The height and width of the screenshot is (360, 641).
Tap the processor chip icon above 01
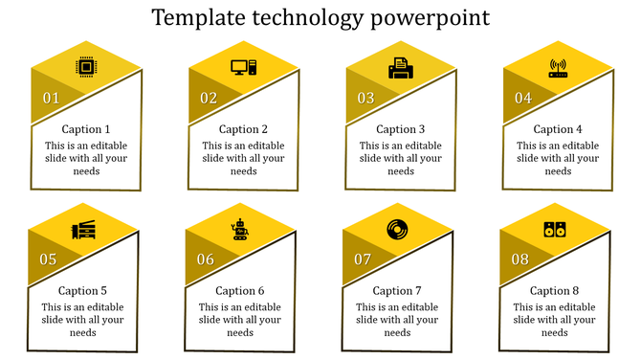pyautogui.click(x=86, y=67)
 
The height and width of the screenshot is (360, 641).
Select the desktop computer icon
pyautogui.click(x=243, y=67)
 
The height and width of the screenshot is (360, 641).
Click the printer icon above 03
pyautogui.click(x=400, y=68)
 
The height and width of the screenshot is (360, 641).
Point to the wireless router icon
pyautogui.click(x=558, y=67)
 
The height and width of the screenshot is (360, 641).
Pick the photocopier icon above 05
pyautogui.click(x=83, y=230)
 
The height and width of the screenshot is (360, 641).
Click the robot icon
pyautogui.click(x=240, y=229)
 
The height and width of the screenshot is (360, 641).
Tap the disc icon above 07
pyautogui.click(x=397, y=230)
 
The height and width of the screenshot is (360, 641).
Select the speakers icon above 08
pyautogui.click(x=554, y=230)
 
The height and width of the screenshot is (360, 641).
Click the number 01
pyautogui.click(x=52, y=99)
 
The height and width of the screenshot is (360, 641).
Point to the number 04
pyautogui.click(x=523, y=99)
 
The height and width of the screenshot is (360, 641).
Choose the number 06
pyautogui.click(x=206, y=259)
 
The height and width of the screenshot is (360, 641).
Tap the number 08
pyautogui.click(x=520, y=259)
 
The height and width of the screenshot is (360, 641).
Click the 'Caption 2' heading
pyautogui.click(x=243, y=129)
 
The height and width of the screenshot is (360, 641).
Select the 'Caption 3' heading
pyautogui.click(x=400, y=129)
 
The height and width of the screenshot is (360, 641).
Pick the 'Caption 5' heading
pyautogui.click(x=82, y=291)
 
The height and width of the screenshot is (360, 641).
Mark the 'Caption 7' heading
pyautogui.click(x=397, y=291)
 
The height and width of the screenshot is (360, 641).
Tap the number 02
pyautogui.click(x=209, y=99)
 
